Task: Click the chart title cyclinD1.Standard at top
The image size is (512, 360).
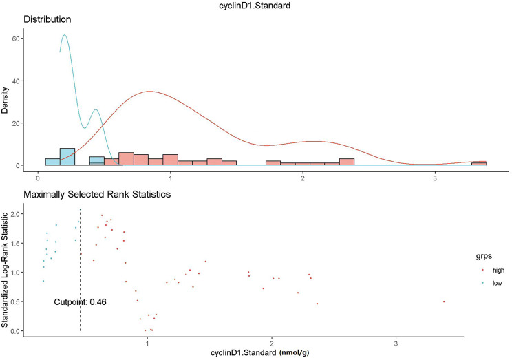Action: pos(256,6)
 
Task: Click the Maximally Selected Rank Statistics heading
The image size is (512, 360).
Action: pos(96,195)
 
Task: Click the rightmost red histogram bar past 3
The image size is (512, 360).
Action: pos(479,164)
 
